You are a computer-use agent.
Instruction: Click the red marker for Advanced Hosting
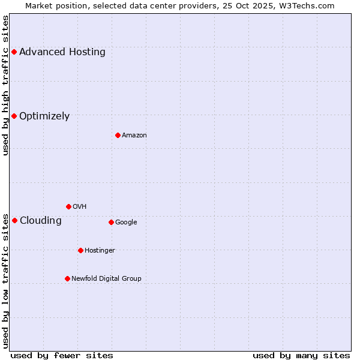[14, 52]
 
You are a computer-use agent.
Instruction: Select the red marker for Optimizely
[14, 116]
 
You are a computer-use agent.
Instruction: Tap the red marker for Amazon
[118, 135]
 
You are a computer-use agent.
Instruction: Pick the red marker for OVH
[68, 206]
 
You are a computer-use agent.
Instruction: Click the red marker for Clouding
[14, 220]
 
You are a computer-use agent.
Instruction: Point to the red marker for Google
[111, 222]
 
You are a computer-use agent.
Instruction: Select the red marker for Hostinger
[80, 250]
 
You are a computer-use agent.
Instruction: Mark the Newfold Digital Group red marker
[67, 278]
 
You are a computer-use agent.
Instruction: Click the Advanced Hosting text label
[62, 52]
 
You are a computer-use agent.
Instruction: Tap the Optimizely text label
[44, 116]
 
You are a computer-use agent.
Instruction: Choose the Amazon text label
[134, 136]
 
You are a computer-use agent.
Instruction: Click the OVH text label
[80, 207]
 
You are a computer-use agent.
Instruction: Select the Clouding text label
[41, 221]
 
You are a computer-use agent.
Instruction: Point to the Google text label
[126, 223]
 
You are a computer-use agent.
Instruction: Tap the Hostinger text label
[100, 251]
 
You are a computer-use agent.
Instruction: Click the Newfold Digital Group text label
[106, 279]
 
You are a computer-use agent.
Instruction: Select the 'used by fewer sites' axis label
[62, 355]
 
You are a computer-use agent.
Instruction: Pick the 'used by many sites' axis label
[301, 355]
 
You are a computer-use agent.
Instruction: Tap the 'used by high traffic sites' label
[5, 85]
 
